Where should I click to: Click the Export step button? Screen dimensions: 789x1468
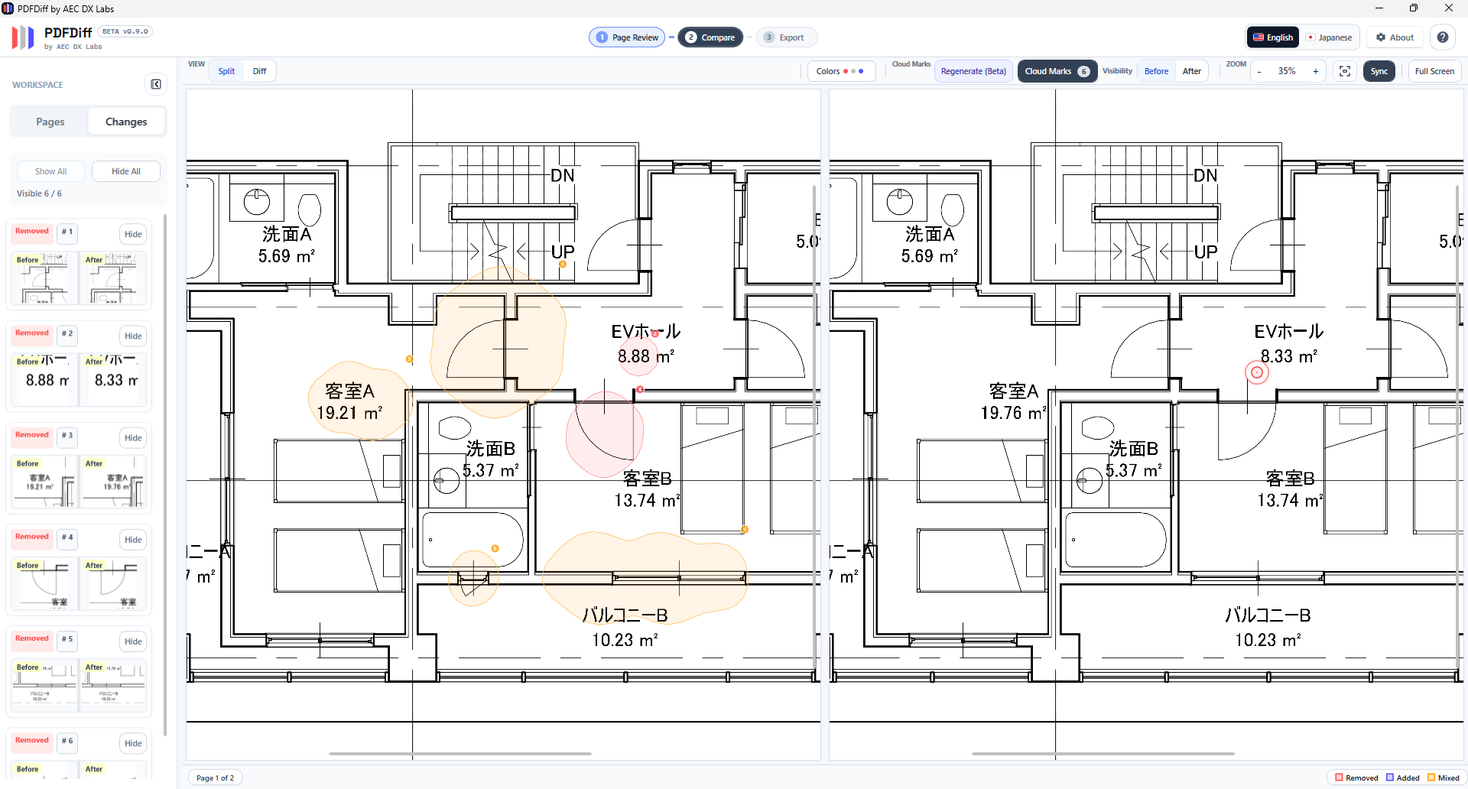pyautogui.click(x=786, y=37)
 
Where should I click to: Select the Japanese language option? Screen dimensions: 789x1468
pyautogui.click(x=1329, y=37)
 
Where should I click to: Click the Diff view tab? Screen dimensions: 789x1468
pyautogui.click(x=259, y=71)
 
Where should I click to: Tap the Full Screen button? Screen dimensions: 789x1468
pyautogui.click(x=1434, y=71)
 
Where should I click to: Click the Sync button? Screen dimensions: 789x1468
pyautogui.click(x=1379, y=71)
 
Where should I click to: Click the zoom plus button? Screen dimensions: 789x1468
pyautogui.click(x=1315, y=71)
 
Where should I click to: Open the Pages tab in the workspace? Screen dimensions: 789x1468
pyautogui.click(x=50, y=122)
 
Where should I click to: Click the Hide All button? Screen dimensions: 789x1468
pyautogui.click(x=126, y=171)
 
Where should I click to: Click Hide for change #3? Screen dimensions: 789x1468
pyautogui.click(x=133, y=437)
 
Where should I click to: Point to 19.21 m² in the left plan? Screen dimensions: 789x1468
pyautogui.click(x=349, y=413)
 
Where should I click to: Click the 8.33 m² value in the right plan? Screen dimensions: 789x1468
pyautogui.click(x=1288, y=356)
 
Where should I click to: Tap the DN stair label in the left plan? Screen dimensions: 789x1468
pyautogui.click(x=562, y=175)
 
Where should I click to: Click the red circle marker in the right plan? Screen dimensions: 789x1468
pyautogui.click(x=1256, y=372)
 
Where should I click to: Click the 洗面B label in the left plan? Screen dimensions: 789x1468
pyautogui.click(x=491, y=448)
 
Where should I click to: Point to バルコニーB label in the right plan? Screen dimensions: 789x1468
pyautogui.click(x=1267, y=615)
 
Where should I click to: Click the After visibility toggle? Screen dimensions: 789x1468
pyautogui.click(x=1191, y=71)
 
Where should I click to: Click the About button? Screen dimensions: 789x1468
pyautogui.click(x=1395, y=37)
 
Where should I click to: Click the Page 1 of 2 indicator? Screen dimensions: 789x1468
pyautogui.click(x=215, y=778)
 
